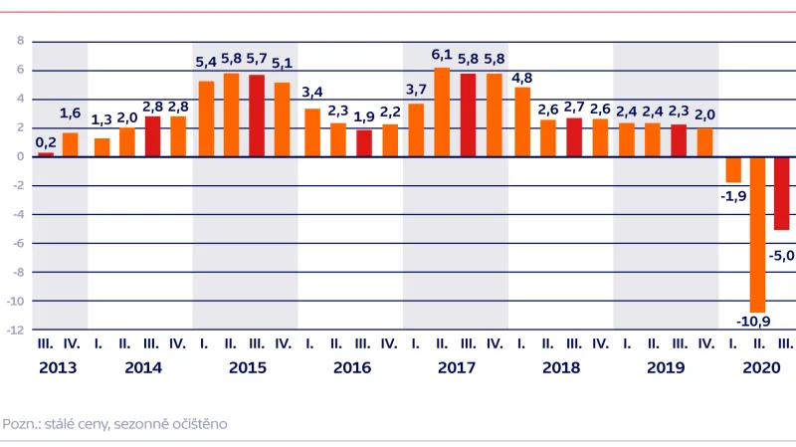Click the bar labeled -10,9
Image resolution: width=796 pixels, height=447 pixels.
pos(757,234)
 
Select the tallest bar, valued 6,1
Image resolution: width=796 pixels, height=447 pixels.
pos(442,112)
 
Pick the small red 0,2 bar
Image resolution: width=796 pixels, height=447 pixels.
pos(46,154)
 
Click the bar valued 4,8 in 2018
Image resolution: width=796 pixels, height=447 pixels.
pos(521,121)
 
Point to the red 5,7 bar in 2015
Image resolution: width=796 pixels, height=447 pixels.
pos(257,115)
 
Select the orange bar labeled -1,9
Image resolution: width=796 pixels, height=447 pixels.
pos(732,169)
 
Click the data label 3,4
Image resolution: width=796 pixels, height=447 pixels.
pos(311,95)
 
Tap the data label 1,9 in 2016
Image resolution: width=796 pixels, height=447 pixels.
pos(364,116)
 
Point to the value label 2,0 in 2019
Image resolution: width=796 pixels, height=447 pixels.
pos(704,114)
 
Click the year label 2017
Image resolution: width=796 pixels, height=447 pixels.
pos(457,367)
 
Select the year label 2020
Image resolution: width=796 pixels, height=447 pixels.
pos(761,367)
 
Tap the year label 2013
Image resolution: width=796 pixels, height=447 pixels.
pos(58,367)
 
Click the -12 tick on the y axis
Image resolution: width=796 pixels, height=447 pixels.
pos(17,331)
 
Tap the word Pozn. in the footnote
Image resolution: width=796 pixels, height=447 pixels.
pos(20,423)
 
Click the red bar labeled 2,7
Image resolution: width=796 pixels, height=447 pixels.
pos(573,137)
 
